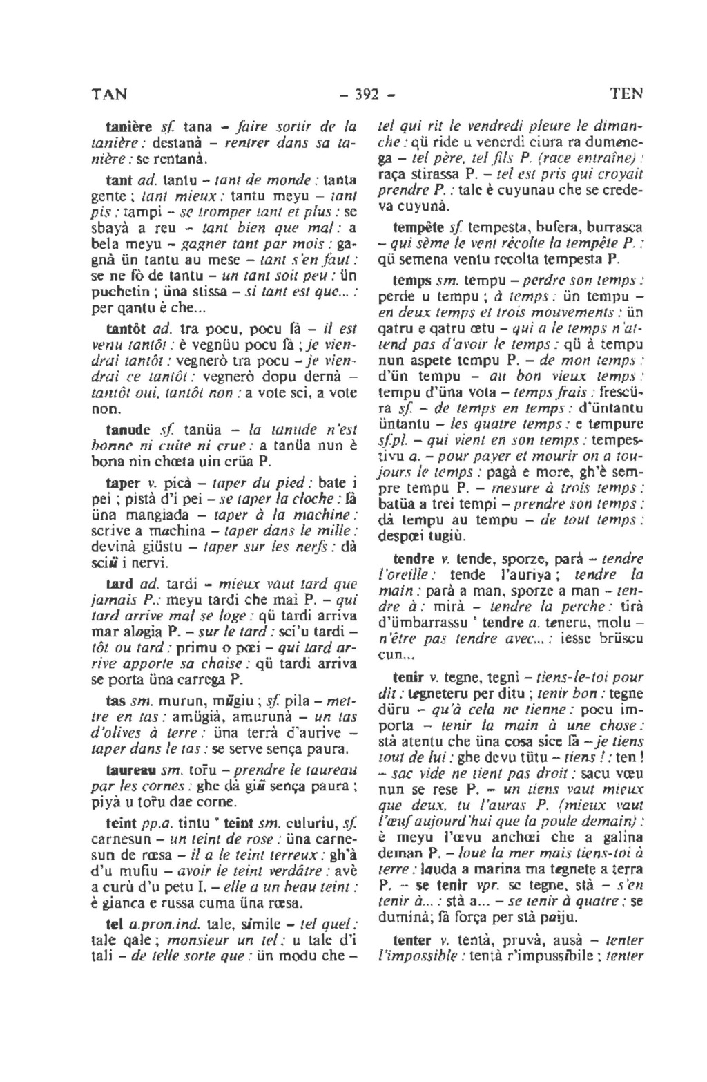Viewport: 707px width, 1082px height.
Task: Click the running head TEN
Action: (627, 92)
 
